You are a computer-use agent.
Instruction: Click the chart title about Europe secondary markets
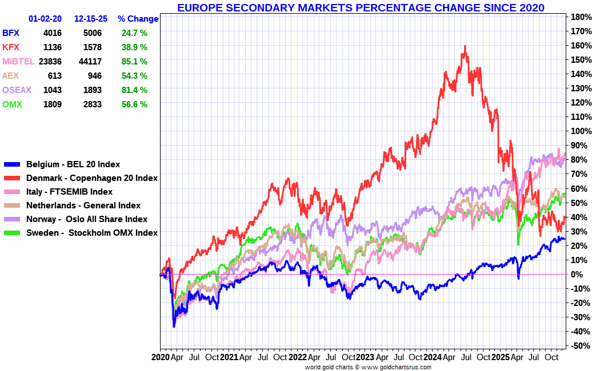click(x=360, y=7)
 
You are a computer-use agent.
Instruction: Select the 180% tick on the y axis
click(x=581, y=17)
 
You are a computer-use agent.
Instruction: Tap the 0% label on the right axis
click(x=577, y=275)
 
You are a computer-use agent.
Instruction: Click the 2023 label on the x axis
click(x=365, y=357)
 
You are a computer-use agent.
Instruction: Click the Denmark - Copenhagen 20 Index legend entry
click(x=92, y=178)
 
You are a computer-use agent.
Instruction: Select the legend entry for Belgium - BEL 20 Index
click(x=73, y=164)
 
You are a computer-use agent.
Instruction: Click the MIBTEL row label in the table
click(x=18, y=62)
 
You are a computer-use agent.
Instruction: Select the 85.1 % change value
click(x=134, y=62)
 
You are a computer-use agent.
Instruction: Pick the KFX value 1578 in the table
click(x=92, y=47)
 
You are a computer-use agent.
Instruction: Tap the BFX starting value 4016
click(x=52, y=33)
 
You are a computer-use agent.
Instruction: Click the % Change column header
click(x=138, y=19)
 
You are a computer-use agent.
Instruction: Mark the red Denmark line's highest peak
click(x=465, y=46)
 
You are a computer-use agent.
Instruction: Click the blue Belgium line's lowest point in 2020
click(x=174, y=326)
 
